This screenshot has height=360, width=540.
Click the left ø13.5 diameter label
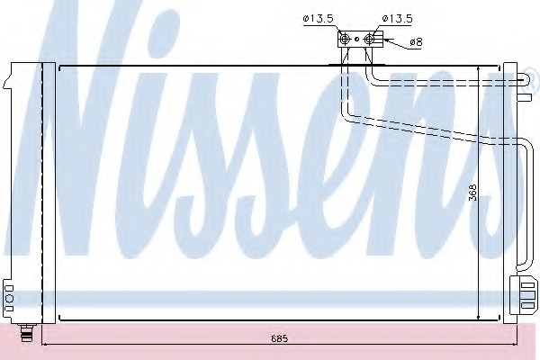[319, 18]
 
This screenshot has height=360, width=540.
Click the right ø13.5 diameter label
[397, 18]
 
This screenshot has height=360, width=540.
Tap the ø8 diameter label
[416, 42]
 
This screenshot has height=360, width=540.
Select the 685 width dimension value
[279, 338]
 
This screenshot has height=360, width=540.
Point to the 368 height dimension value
[473, 193]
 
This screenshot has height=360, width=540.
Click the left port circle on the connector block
[344, 39]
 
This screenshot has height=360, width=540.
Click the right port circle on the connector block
[368, 39]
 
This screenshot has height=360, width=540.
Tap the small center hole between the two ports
[356, 40]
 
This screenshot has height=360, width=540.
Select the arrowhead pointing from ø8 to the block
[387, 40]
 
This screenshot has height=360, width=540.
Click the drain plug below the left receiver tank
[26, 332]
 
